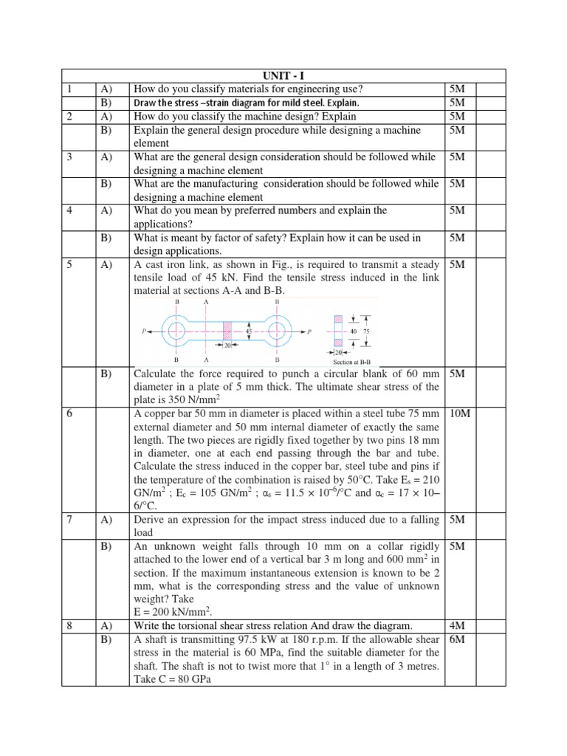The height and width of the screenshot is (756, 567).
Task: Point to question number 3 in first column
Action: coord(69,157)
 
